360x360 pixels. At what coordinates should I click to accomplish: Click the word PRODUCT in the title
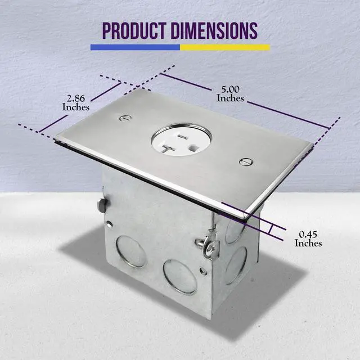[x=134, y=30]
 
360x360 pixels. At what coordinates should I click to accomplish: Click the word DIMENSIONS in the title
[x=214, y=30]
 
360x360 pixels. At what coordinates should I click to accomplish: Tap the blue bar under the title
[x=135, y=47]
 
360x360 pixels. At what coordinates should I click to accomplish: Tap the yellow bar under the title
[x=225, y=47]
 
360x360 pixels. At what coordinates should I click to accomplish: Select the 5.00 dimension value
[x=230, y=89]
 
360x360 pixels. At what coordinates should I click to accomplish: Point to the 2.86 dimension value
[x=76, y=98]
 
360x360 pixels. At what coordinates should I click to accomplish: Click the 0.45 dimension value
[x=308, y=234]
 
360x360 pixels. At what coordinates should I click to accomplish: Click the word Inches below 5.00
[x=230, y=98]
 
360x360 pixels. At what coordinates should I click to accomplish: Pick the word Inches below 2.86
[x=76, y=107]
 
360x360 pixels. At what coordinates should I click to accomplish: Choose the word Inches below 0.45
[x=308, y=243]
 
